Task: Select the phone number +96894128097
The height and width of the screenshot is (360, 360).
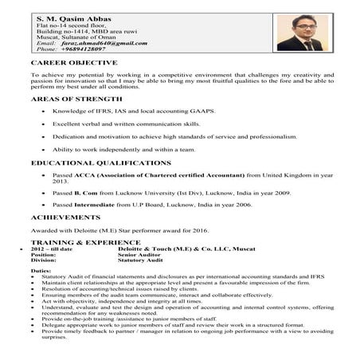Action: coord(86,49)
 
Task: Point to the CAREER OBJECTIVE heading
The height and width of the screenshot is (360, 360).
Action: coord(74,61)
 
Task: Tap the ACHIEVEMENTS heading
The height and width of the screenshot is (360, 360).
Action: coord(66,216)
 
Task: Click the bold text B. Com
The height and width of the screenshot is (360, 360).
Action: coord(86,192)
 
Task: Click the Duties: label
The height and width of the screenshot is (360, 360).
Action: coord(41,272)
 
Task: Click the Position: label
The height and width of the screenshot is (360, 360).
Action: coord(45,254)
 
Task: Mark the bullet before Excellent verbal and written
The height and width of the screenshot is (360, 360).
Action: coord(42,125)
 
